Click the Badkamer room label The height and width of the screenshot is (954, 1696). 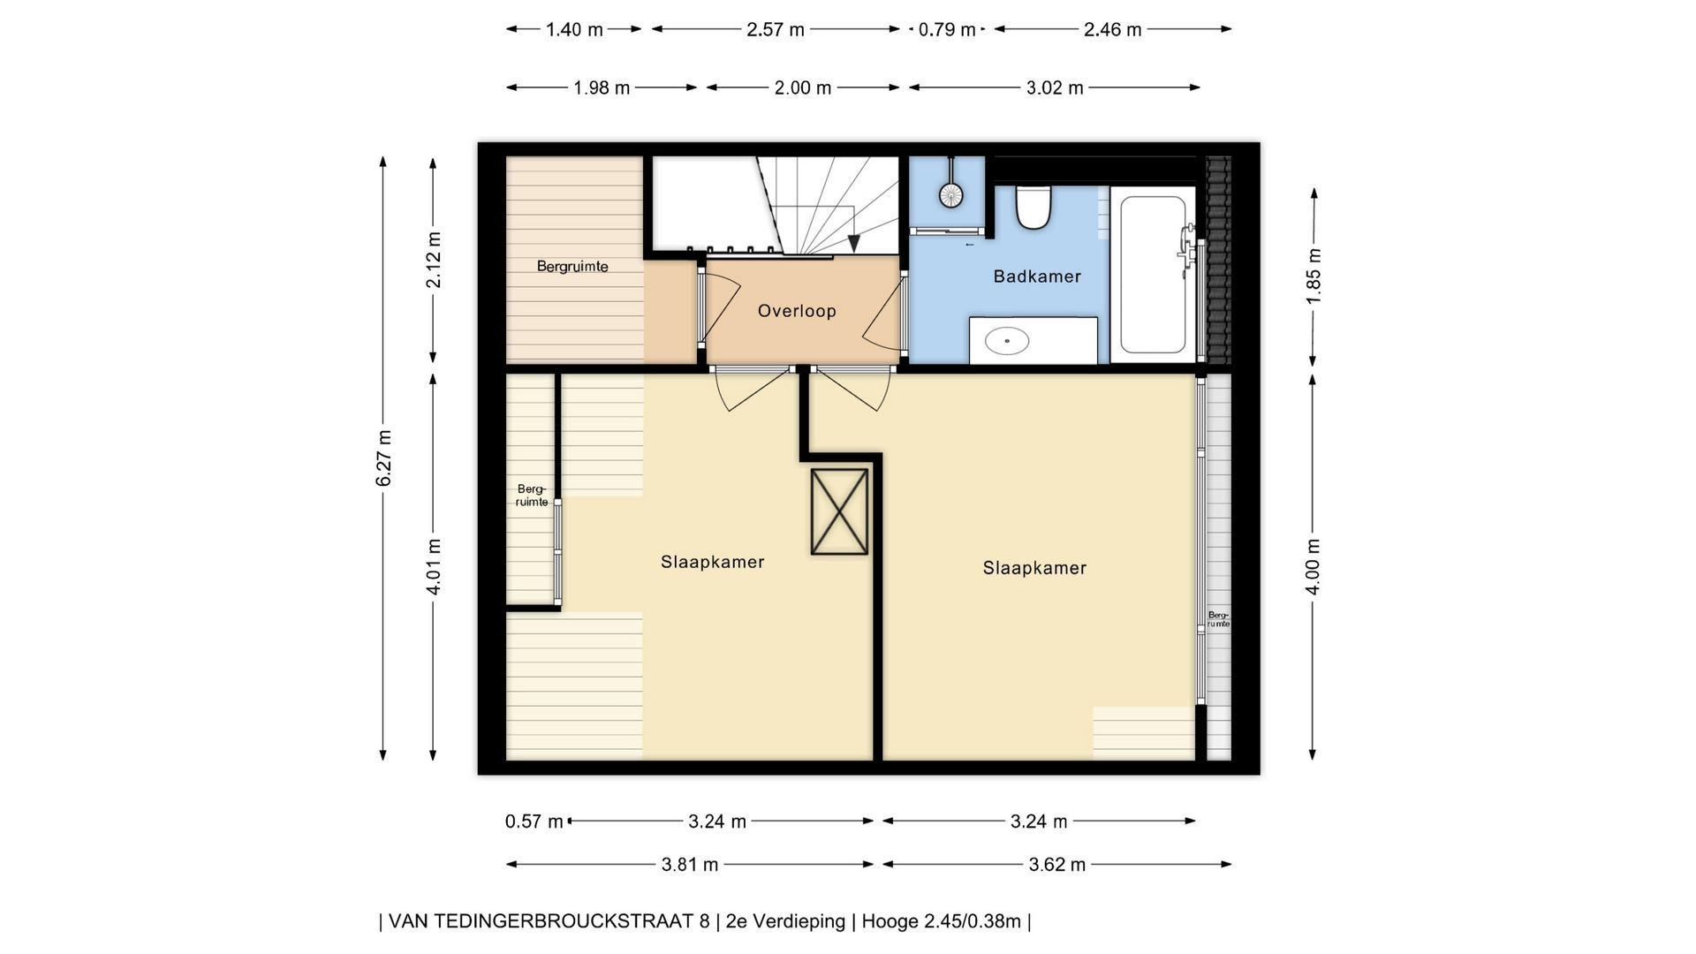point(1037,276)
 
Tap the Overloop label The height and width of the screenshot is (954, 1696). point(797,311)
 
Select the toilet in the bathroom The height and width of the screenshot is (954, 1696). point(1033,208)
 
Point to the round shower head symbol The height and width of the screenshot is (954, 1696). point(950,195)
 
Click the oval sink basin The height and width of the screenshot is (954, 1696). point(1007,340)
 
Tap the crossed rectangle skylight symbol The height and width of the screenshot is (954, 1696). point(839,511)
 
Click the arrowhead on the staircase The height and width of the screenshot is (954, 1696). point(853,245)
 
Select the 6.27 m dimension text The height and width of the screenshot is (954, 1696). point(383,458)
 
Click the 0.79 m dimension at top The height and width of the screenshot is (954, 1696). point(947,30)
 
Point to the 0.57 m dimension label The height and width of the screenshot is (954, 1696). point(534,821)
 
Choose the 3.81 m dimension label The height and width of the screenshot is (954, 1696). point(690,865)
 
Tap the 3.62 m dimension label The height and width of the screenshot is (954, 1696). point(1056,865)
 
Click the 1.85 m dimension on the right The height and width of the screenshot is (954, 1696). point(1314,276)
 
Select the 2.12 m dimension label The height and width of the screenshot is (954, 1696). point(434,260)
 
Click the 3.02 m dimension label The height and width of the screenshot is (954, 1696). point(1055,88)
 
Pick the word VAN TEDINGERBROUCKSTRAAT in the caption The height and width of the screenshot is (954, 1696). point(549,921)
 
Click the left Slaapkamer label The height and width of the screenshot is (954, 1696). point(712,562)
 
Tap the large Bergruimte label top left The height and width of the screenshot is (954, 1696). point(572,266)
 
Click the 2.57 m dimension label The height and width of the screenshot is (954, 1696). point(776,30)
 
